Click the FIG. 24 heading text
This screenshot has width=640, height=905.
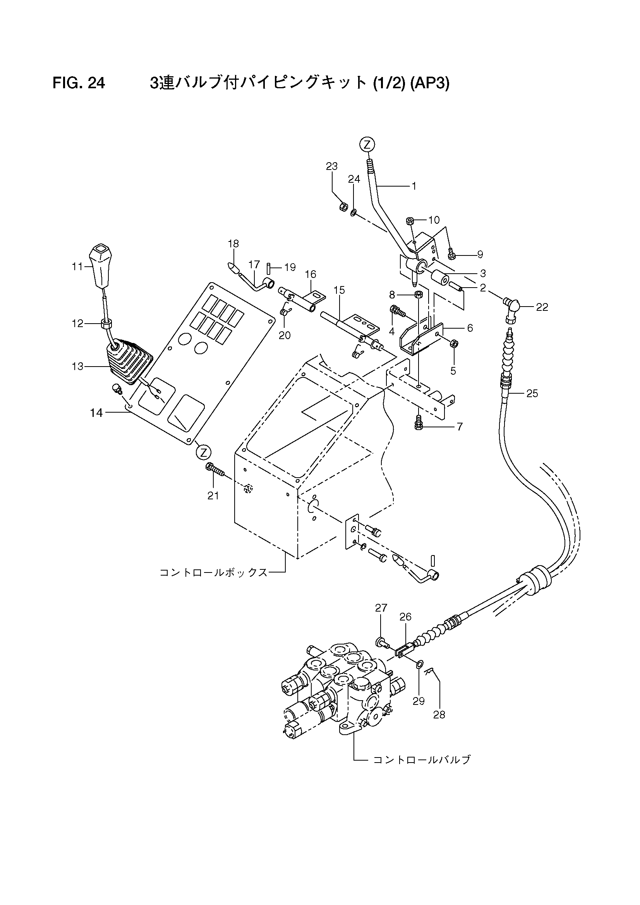point(79,83)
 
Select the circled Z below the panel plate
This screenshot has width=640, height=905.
point(204,452)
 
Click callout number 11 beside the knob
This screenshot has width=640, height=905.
point(77,267)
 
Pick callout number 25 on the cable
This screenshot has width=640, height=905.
point(532,393)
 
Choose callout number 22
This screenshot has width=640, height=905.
point(542,307)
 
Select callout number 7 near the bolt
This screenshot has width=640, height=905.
point(460,426)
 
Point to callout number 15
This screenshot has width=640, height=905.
point(339,290)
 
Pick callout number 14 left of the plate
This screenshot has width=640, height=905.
point(96,413)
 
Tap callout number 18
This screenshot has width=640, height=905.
point(233,243)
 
